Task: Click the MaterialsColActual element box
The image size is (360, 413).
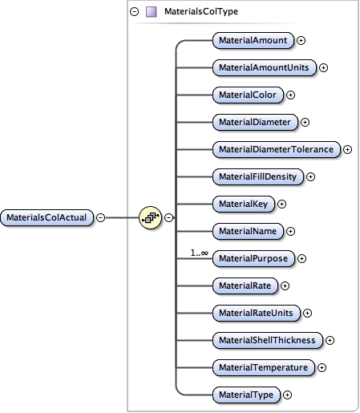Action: pos(47,217)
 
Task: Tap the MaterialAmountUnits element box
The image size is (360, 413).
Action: pos(265,67)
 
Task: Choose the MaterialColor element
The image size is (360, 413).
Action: pos(248,95)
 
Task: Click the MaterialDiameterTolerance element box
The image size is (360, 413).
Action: pos(277,149)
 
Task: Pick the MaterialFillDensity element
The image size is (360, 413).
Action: pos(258,176)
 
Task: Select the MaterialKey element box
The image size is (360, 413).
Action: pos(243,204)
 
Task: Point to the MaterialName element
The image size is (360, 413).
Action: pos(248,231)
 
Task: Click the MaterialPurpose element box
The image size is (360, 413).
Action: pos(253,258)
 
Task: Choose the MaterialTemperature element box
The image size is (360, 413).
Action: pos(264,367)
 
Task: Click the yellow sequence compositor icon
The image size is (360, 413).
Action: pos(150,217)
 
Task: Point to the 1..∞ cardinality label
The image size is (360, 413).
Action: pos(199,253)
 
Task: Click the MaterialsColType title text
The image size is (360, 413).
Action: pos(200,12)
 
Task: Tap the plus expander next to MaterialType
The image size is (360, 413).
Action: pos(287,395)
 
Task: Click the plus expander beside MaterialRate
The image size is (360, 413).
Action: pos(285,285)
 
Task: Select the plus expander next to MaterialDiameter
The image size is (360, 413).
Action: pos(305,122)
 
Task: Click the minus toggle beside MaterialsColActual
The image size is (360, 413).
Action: pos(100,217)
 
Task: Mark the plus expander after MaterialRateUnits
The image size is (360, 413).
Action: pos(307,313)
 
